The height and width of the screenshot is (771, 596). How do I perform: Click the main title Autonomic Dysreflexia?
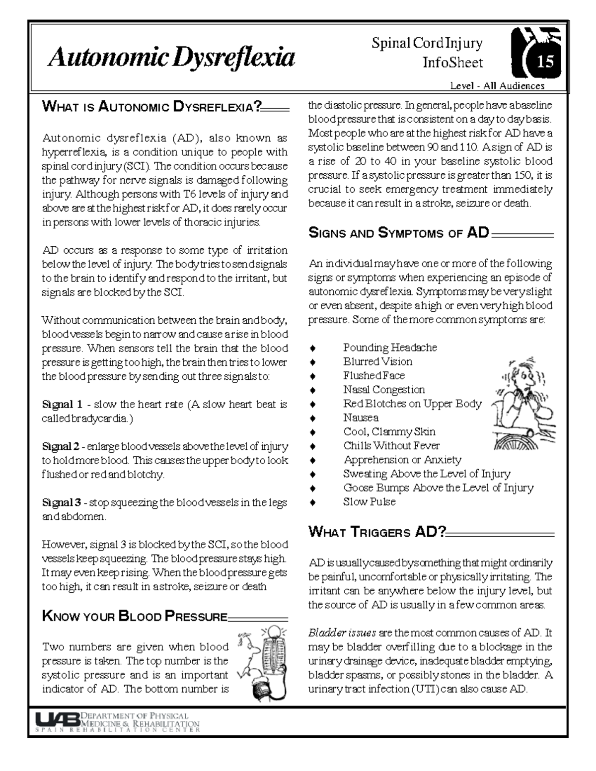[171, 58]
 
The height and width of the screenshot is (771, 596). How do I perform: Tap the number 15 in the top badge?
[544, 62]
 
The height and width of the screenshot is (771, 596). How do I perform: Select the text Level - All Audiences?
[497, 86]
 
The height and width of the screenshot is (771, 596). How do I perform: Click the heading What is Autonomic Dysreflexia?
[152, 106]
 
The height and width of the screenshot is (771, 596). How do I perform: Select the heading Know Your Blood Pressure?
[135, 617]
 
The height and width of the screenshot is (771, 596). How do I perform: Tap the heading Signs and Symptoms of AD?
[399, 233]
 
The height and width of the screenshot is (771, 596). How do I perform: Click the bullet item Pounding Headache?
[390, 348]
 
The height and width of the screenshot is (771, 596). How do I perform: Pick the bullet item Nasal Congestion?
[384, 390]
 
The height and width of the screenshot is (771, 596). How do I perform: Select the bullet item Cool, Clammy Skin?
[389, 431]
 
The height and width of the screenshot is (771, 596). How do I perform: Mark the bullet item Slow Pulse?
[369, 501]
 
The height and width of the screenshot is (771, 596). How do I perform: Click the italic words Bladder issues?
[342, 633]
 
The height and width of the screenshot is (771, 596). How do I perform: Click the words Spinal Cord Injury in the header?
[427, 44]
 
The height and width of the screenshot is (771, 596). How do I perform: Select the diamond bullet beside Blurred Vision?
[312, 362]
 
